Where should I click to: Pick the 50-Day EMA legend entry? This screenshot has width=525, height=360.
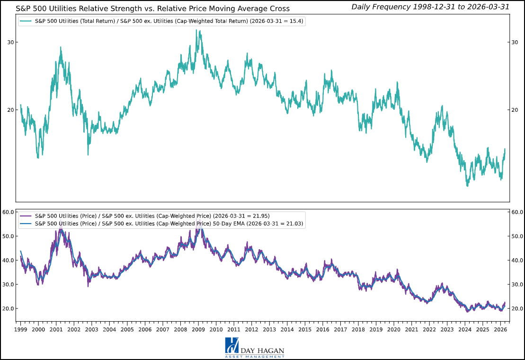coord(169,224)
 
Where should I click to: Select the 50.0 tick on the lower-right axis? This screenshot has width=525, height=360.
coord(517,236)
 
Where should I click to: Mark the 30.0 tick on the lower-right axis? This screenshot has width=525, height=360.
coord(517,285)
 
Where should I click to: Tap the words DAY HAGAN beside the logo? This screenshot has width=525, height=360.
coord(263,350)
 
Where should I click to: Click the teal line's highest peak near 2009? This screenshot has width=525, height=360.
coord(196,30)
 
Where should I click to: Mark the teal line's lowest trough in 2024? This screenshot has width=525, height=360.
coord(467,186)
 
